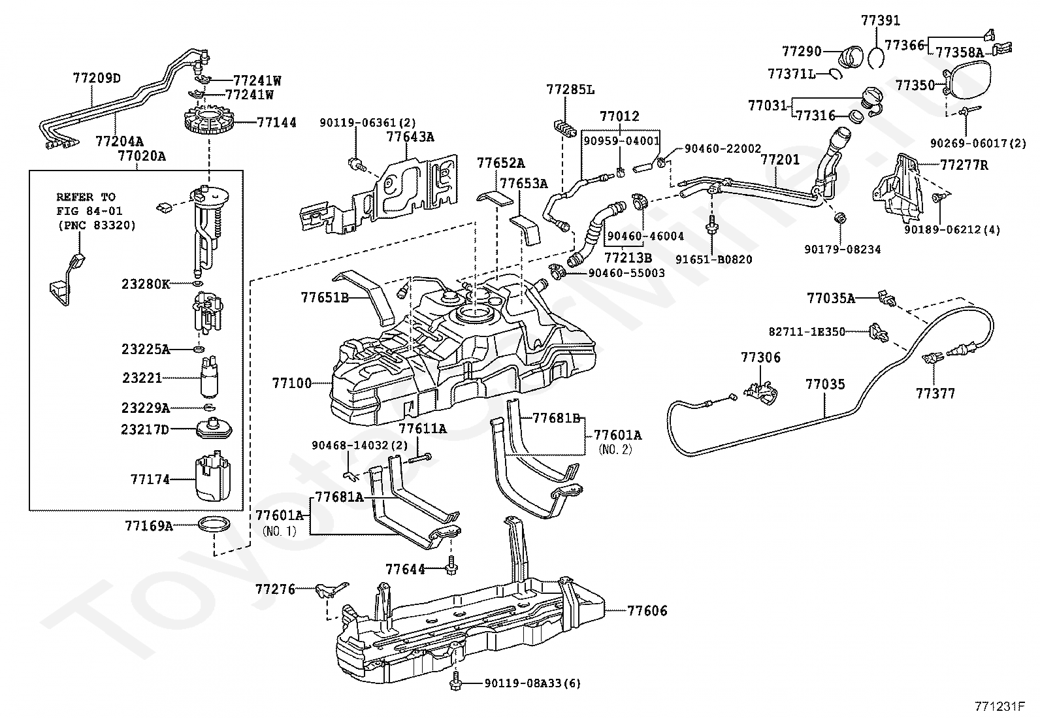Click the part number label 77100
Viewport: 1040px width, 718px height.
[292, 383]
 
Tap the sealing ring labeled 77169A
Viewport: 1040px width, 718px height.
[214, 525]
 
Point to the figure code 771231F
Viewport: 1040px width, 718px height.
[999, 706]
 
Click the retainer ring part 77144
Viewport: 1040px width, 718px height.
[208, 123]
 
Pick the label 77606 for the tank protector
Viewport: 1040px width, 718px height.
[647, 610]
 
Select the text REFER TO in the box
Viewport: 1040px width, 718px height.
[86, 197]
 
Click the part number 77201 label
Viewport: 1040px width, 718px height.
[780, 160]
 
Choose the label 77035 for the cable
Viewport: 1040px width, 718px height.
[825, 384]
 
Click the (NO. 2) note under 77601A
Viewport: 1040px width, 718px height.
[615, 449]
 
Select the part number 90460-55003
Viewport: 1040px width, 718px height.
[626, 272]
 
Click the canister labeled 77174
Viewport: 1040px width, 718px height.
[213, 476]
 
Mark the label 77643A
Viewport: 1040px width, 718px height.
[410, 137]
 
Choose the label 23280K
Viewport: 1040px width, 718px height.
[146, 284]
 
